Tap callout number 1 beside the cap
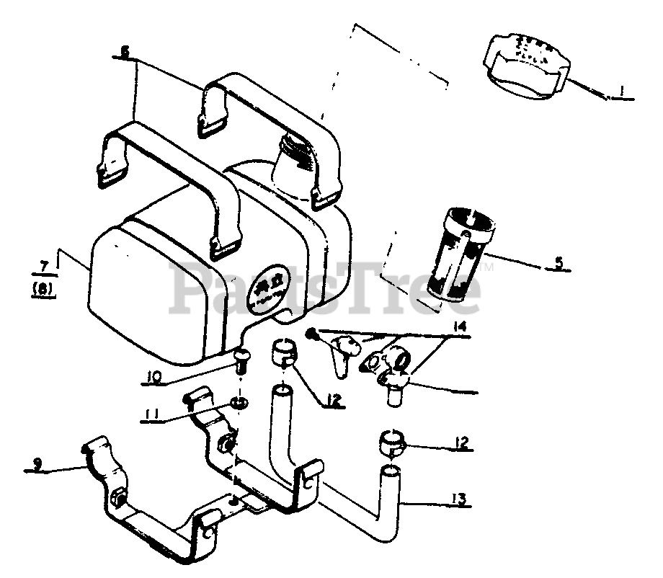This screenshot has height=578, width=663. tap(622, 92)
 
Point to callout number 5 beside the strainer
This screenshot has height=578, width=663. tap(559, 263)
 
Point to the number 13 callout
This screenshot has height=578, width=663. tap(459, 497)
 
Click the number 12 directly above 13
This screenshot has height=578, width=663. tap(462, 442)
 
